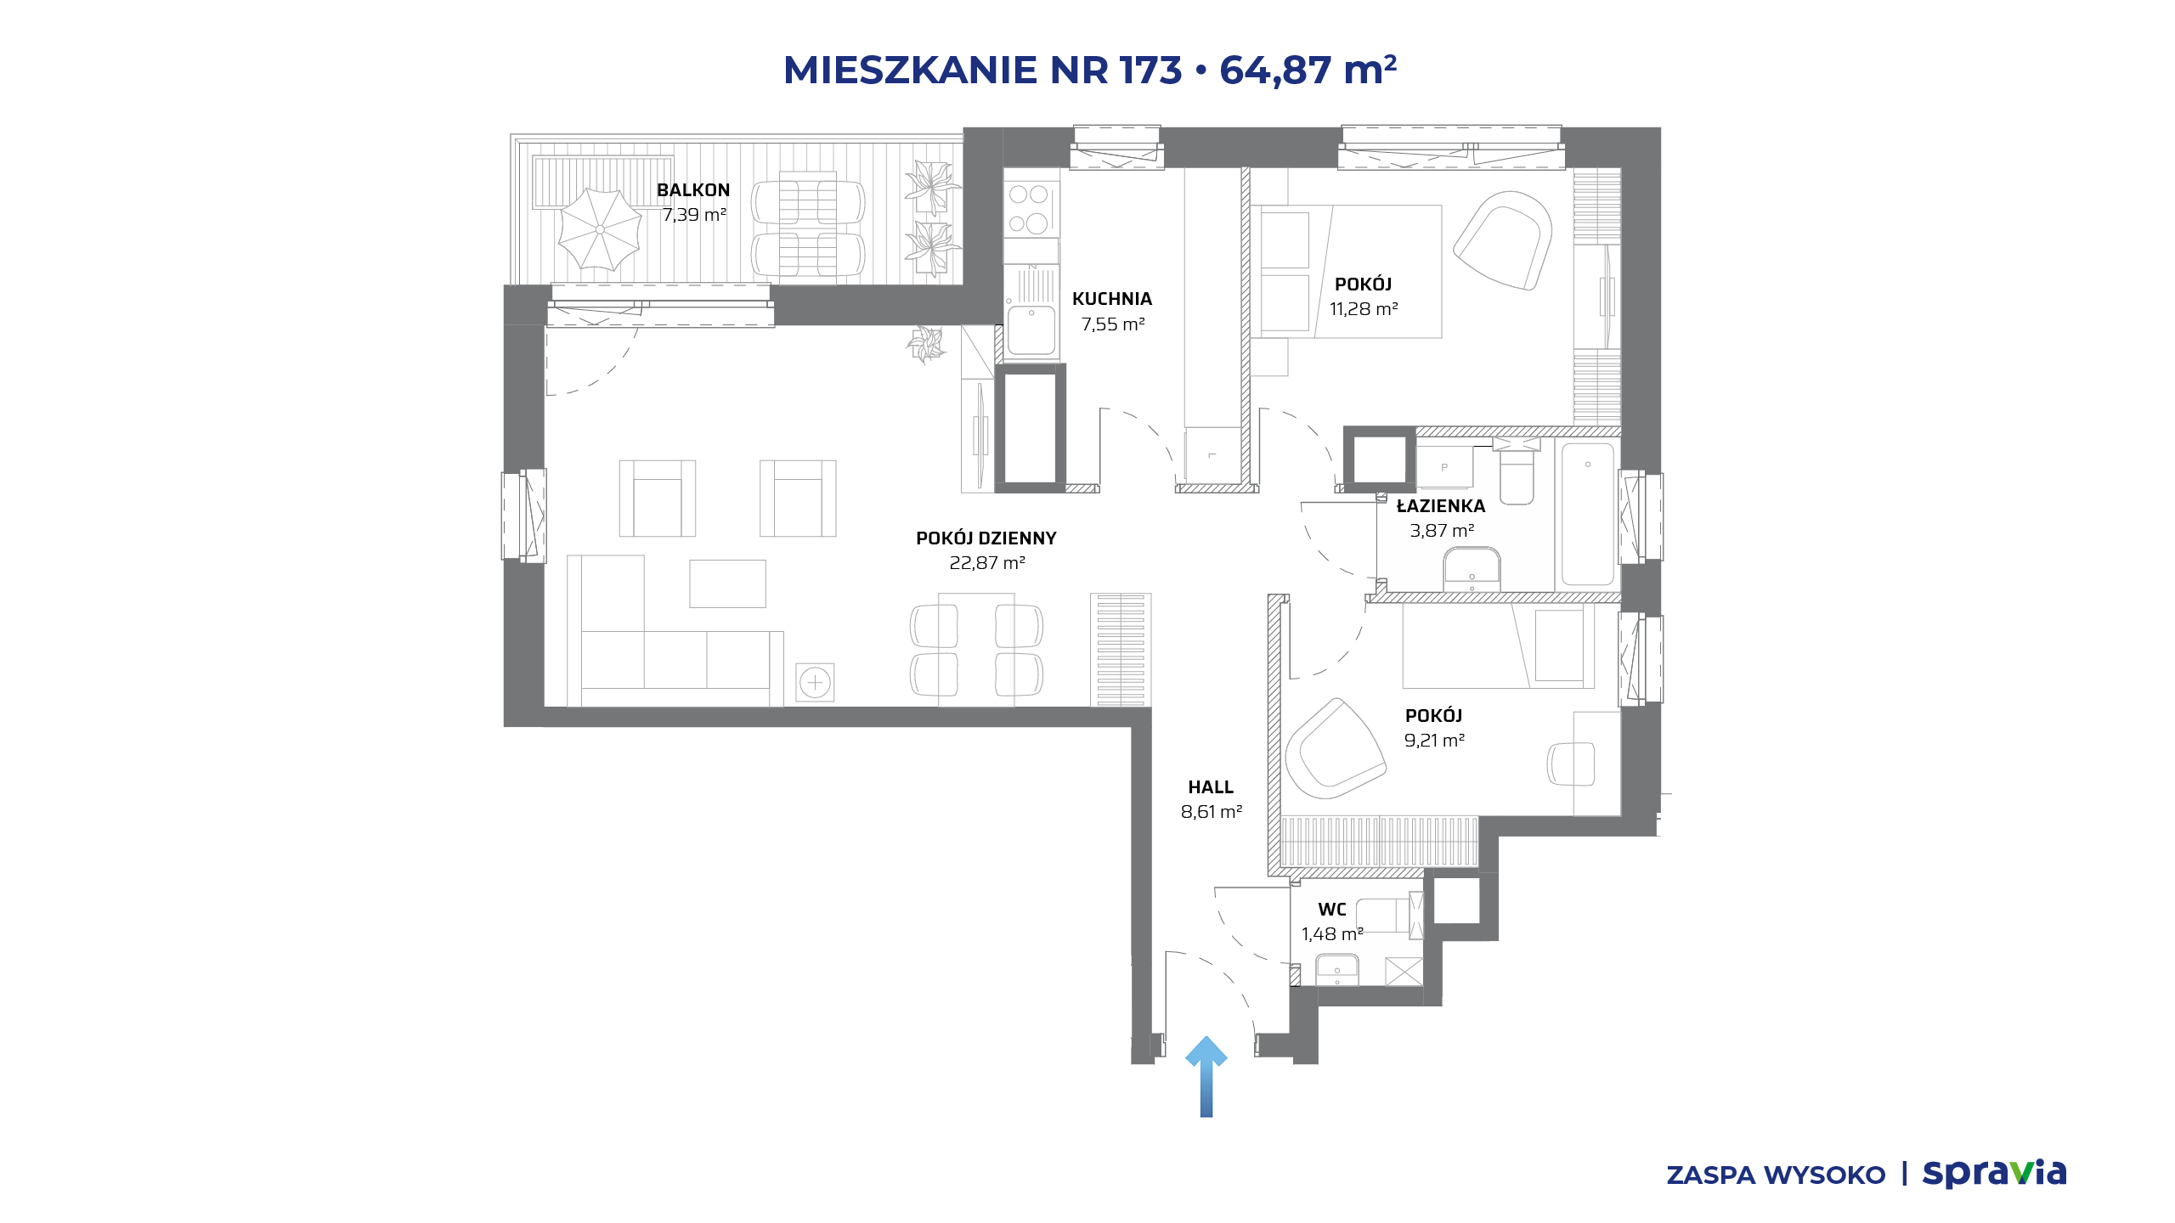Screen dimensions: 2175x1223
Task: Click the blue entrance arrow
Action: coord(1206,1076)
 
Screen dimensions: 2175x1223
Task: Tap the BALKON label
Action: coord(693,190)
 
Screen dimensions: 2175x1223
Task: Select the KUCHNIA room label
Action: coord(1112,299)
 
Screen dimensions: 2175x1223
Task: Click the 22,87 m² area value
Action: coord(987,563)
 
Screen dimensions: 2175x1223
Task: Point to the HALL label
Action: coord(1211,787)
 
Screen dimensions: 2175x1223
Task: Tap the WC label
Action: coord(1332,910)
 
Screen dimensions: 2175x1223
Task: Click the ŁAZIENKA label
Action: coord(1441,506)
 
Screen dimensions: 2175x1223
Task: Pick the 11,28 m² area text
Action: coord(1364,309)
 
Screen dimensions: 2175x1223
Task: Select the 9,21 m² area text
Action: coord(1434,741)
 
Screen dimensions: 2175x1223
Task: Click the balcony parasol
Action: coord(600,229)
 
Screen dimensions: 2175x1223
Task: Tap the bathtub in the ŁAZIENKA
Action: coord(1588,514)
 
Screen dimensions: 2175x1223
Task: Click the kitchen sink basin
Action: coord(1031,330)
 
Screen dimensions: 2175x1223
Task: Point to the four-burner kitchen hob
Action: coord(1029,209)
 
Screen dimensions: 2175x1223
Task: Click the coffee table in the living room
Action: coord(727,583)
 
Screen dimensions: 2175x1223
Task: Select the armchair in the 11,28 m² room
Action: coord(1502,240)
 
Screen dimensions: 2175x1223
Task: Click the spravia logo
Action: coord(1994,1174)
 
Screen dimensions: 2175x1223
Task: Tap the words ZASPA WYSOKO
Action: coord(1776,1175)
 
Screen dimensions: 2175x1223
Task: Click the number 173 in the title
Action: coord(1151,70)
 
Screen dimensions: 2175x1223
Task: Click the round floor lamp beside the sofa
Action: coord(815,682)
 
